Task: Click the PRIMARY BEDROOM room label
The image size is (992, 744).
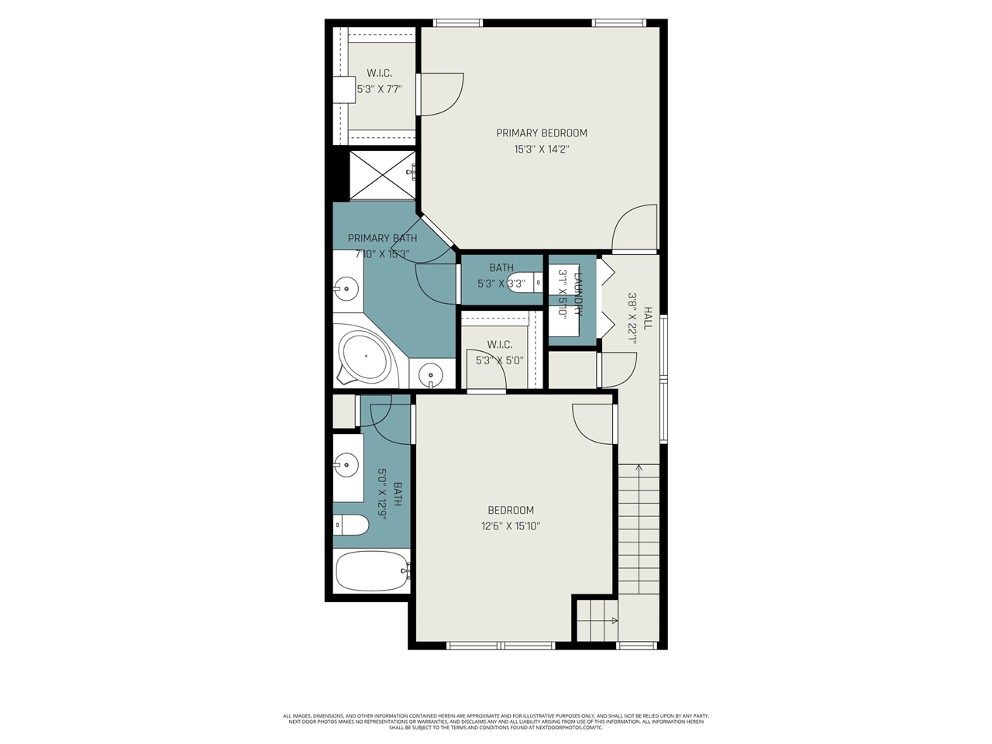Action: (x=542, y=133)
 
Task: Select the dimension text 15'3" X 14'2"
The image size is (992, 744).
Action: (x=542, y=150)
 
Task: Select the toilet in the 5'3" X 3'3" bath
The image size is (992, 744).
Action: (x=527, y=283)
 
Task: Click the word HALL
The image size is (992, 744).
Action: (x=648, y=318)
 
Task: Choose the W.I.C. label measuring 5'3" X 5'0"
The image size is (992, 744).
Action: (x=499, y=344)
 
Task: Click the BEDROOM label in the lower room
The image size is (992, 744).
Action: (x=510, y=510)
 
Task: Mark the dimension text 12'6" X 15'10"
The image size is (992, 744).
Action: (x=510, y=527)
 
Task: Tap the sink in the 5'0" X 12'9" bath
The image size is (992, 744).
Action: (x=346, y=467)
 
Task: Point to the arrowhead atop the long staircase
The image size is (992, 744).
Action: (x=639, y=467)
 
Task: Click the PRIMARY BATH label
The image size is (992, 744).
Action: (x=382, y=238)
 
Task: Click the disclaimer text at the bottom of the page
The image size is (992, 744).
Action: (x=496, y=722)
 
